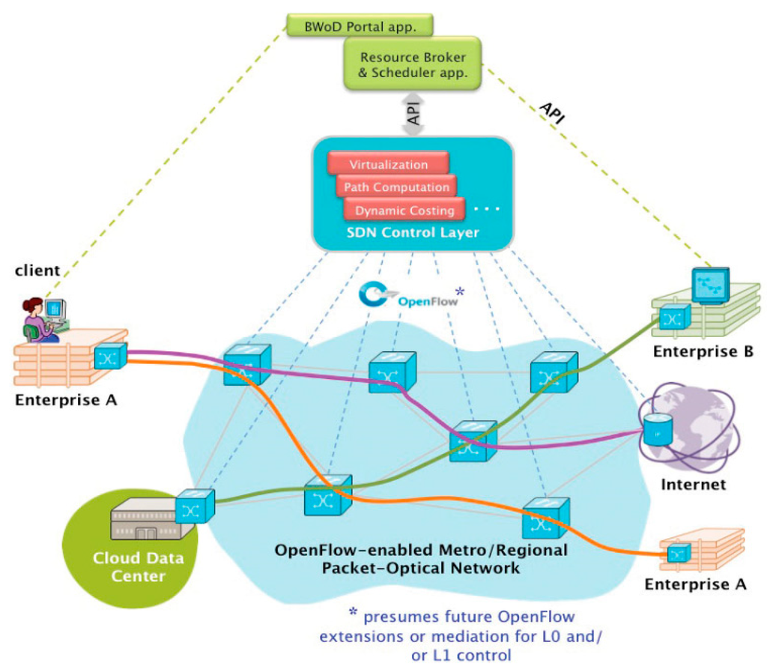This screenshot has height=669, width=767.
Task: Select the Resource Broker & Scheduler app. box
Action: (413, 65)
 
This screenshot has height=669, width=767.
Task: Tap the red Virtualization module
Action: (388, 164)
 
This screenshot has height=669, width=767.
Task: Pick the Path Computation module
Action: (396, 187)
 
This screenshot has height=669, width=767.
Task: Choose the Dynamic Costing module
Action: (404, 211)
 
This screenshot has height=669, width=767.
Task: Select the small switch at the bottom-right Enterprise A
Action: (679, 553)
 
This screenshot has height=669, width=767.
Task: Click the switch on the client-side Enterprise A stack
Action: (110, 357)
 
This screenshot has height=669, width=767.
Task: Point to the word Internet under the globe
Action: (693, 485)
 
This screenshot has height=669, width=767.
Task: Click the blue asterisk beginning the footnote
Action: (353, 611)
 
